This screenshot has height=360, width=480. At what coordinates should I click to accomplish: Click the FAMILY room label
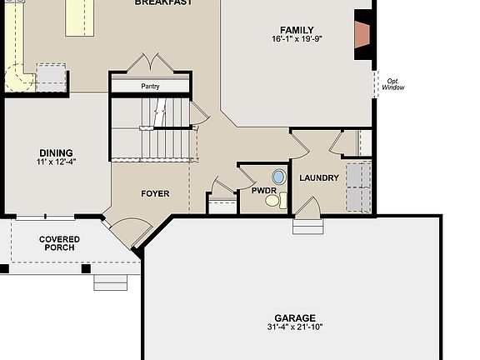pyautogui.click(x=297, y=30)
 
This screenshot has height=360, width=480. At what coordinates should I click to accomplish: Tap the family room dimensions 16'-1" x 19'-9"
pyautogui.click(x=297, y=39)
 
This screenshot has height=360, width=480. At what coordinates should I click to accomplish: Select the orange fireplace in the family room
pyautogui.click(x=362, y=34)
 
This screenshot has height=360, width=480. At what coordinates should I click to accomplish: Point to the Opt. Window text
pyautogui.click(x=392, y=83)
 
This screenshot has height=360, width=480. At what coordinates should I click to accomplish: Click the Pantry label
pyautogui.click(x=151, y=86)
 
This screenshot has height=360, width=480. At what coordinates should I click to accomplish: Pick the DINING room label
pyautogui.click(x=55, y=152)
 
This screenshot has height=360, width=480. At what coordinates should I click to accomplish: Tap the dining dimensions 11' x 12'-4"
pyautogui.click(x=55, y=162)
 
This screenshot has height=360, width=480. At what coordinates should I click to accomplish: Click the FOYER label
pyautogui.click(x=154, y=193)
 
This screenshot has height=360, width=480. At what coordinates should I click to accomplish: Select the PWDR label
pyautogui.click(x=263, y=191)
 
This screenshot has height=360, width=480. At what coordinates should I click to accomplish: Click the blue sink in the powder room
pyautogui.click(x=278, y=177)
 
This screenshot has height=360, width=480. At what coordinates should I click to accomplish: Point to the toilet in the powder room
pyautogui.click(x=282, y=199)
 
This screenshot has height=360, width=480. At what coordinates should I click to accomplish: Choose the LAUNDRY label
pyautogui.click(x=318, y=178)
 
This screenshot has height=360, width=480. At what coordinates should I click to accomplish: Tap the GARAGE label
pyautogui.click(x=296, y=317)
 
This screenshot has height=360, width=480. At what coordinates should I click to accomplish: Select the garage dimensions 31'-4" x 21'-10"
pyautogui.click(x=296, y=327)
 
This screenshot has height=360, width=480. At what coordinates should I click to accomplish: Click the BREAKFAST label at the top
pyautogui.click(x=163, y=2)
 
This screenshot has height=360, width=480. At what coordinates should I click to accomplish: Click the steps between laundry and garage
pyautogui.click(x=306, y=225)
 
